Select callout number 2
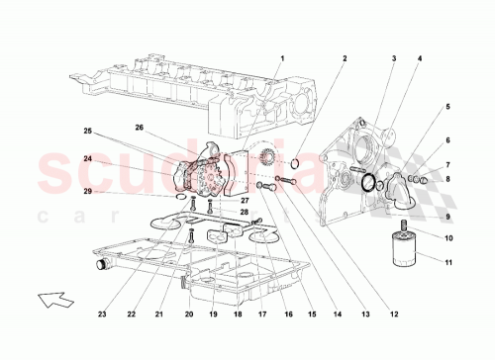click(x=345, y=58)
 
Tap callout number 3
click(x=392, y=58)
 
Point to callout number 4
click(x=420, y=58)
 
